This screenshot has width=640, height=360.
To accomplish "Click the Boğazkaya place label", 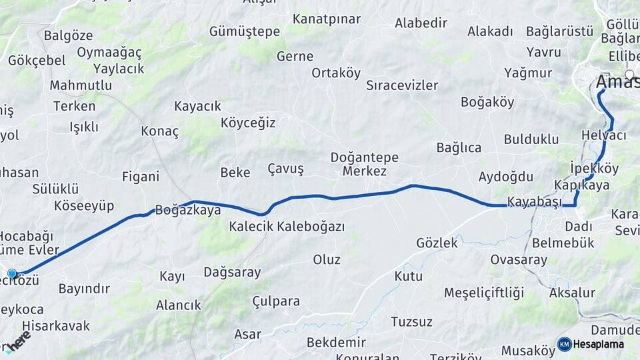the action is [187, 210].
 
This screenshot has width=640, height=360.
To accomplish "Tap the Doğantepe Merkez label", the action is [364, 165].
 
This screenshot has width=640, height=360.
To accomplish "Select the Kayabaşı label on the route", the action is [534, 201].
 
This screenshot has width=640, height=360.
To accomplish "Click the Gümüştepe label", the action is [245, 31].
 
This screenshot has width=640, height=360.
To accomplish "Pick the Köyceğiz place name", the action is [248, 123].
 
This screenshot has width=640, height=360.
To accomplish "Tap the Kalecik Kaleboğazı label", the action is [287, 227].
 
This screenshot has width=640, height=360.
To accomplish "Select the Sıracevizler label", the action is [402, 85].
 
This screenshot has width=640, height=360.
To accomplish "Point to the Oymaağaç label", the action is [109, 52].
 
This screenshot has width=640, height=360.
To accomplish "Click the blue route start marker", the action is [12, 273].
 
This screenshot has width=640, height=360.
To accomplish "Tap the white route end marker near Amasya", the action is [629, 74].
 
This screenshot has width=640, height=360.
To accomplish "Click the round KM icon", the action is [565, 344].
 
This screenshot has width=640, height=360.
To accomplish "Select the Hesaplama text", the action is [599, 344].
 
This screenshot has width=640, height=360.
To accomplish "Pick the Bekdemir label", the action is [336, 342].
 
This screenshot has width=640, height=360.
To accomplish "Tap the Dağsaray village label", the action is [232, 272].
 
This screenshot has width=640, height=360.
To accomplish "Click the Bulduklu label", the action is [531, 139].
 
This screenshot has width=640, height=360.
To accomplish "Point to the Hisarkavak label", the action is [56, 326].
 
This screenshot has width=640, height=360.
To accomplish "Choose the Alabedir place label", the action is [421, 23].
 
